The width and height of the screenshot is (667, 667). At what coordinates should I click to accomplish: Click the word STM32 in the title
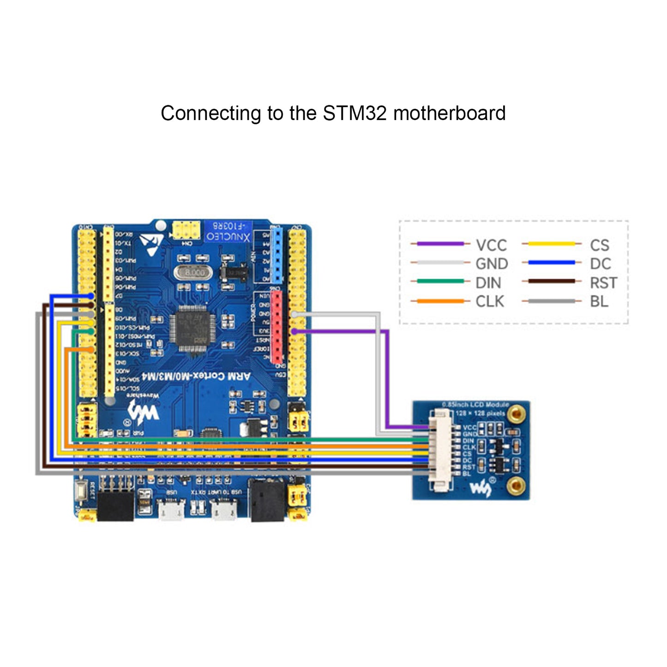[x=355, y=114]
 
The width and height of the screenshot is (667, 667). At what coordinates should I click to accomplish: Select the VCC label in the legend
[x=491, y=245]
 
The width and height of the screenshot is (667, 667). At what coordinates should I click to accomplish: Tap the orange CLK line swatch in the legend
[x=440, y=301]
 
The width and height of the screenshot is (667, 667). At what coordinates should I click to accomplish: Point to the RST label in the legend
[x=603, y=282]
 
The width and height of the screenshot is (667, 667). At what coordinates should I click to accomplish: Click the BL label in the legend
[x=599, y=301]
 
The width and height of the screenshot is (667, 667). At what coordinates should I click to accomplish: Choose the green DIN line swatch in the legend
[x=440, y=281]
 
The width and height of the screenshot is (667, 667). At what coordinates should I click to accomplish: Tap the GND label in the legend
[x=492, y=264]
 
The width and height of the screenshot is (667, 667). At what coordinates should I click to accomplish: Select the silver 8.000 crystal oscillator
[x=194, y=273]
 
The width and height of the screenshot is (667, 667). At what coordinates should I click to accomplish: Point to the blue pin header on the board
[x=276, y=255]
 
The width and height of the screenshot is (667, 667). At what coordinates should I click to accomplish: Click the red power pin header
[x=276, y=326]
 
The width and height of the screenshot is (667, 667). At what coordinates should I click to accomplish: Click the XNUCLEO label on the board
[x=228, y=237]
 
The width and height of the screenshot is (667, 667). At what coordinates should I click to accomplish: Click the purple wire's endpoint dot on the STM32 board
[x=294, y=331]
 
